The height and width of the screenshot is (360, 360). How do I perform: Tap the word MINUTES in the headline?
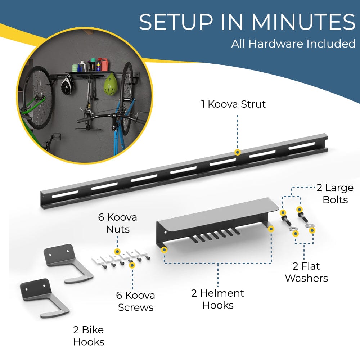(304, 22)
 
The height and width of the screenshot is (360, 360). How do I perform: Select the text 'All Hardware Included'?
(293, 44)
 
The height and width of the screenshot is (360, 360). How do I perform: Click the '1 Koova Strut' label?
(233, 104)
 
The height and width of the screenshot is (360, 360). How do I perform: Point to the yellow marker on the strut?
(237, 152)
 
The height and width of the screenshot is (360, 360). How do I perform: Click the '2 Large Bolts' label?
(335, 193)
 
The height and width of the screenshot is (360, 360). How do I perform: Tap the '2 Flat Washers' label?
(306, 272)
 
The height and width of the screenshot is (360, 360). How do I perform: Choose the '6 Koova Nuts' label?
(118, 223)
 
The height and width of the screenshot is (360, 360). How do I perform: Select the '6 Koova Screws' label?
(135, 301)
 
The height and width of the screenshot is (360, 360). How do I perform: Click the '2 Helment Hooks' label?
(217, 299)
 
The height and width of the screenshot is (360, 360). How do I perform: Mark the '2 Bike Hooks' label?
(88, 336)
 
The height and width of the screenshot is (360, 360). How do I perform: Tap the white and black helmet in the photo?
(67, 85)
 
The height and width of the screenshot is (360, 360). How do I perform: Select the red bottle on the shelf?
(105, 64)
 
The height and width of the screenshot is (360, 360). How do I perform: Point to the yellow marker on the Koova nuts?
(117, 251)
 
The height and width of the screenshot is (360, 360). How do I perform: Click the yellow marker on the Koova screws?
(132, 265)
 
